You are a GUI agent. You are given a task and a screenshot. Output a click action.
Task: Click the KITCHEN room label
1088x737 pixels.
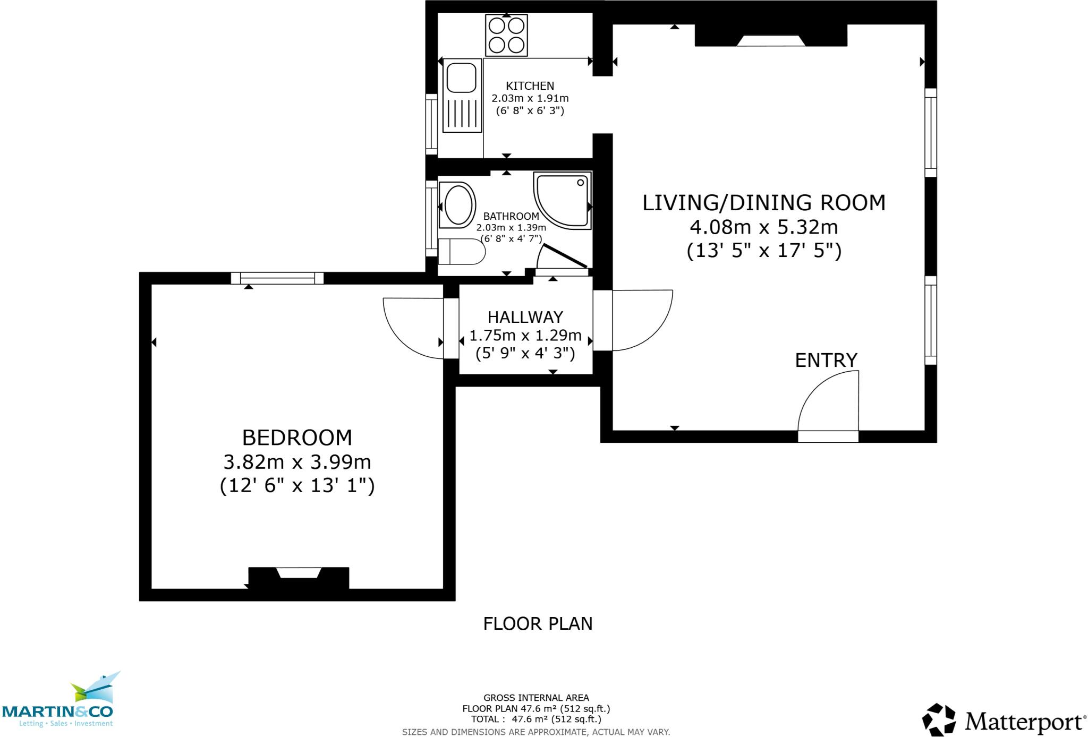[x=530, y=85]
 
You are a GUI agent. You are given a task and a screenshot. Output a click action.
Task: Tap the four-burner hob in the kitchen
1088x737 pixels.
[x=506, y=35]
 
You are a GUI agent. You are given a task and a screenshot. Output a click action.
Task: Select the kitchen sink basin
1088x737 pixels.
[x=461, y=78]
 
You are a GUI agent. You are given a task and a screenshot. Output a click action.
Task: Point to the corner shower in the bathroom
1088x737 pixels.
[x=562, y=200]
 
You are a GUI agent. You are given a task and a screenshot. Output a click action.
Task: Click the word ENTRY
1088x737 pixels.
[x=826, y=360]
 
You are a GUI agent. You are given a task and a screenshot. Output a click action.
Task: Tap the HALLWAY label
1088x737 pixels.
[x=525, y=317]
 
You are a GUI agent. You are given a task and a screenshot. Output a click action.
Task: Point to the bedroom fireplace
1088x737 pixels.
[x=299, y=578]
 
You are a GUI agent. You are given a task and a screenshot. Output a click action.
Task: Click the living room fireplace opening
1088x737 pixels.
[x=770, y=40]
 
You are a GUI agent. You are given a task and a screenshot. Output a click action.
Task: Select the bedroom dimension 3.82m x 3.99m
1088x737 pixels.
[x=297, y=462]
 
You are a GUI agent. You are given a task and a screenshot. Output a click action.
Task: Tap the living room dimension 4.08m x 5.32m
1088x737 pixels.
[x=764, y=227]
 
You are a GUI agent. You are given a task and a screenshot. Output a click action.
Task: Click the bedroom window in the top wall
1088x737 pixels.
[x=277, y=278]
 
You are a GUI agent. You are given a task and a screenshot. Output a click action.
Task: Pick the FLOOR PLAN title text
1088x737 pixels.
[x=538, y=623]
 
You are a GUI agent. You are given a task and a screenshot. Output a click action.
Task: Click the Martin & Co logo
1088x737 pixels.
[x=58, y=701]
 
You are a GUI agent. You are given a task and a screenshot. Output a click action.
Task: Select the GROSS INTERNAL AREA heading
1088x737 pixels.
[x=536, y=698]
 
